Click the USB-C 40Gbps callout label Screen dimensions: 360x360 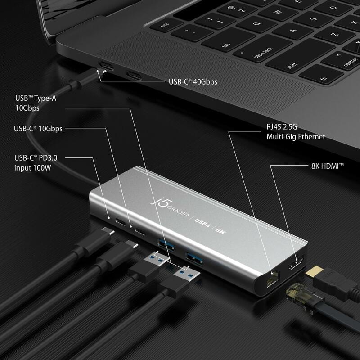point(193,82)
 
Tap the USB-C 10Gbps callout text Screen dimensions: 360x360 point(38,129)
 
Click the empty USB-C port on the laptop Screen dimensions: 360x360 point(134,75)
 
